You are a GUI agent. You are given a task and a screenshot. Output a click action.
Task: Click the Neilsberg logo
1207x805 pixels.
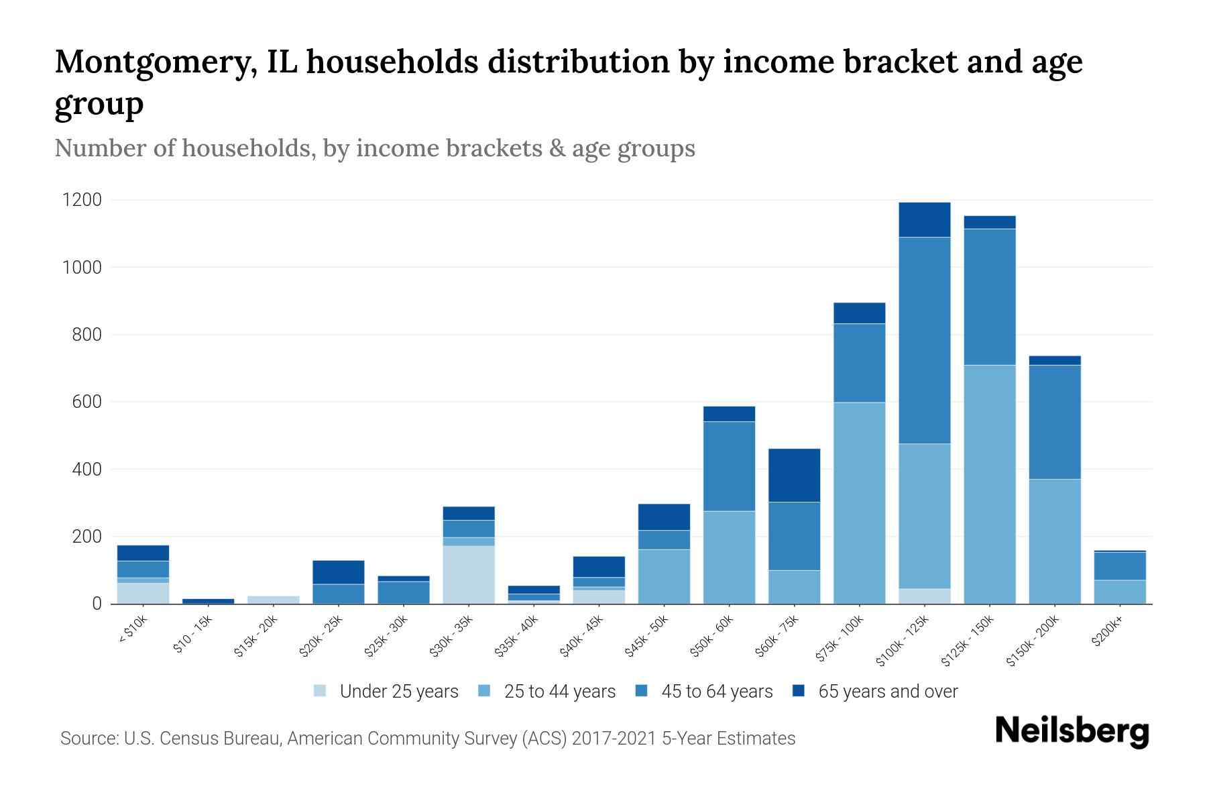[x=1072, y=732]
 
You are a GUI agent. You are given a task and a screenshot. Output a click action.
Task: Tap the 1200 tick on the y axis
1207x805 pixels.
[x=82, y=200]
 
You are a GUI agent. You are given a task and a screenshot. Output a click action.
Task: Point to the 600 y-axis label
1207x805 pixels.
[x=87, y=402]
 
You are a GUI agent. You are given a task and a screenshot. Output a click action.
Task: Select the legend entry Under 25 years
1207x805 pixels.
[x=398, y=692]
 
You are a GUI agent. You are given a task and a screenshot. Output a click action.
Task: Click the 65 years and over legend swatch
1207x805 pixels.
[x=798, y=691]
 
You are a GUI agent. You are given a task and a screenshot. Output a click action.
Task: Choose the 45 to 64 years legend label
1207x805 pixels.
[x=717, y=692]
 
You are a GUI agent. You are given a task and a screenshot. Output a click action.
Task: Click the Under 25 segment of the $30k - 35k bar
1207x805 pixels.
[x=469, y=574]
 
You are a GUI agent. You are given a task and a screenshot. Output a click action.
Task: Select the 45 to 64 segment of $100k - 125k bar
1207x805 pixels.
[x=924, y=340]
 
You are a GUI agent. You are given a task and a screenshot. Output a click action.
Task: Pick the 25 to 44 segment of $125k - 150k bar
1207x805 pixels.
[x=989, y=484]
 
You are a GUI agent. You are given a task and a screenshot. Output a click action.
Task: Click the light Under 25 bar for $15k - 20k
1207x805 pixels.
[x=274, y=599]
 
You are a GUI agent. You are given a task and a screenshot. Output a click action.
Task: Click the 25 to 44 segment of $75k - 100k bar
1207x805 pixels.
[x=859, y=503]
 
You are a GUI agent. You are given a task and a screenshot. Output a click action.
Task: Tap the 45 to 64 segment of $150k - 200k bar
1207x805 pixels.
[x=1055, y=422]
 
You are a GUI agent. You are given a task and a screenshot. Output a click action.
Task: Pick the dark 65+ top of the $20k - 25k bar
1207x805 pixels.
[x=338, y=572]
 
